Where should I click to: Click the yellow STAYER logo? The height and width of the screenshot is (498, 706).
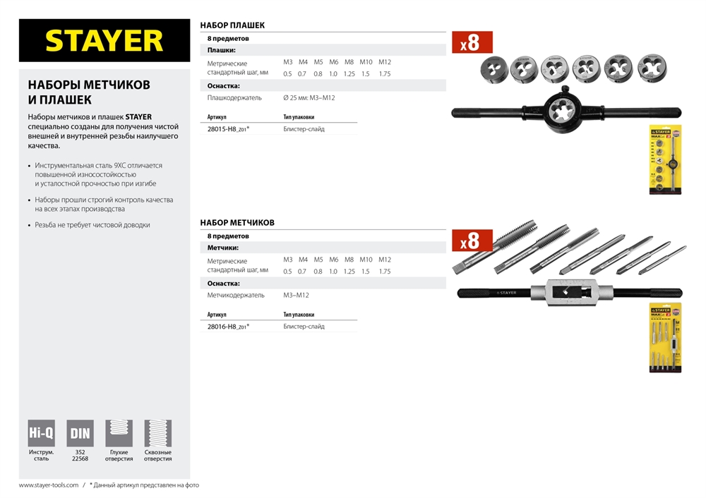(x=104, y=40)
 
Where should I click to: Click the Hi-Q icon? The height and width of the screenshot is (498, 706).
(x=41, y=433)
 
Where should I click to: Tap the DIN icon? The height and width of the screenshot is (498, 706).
(x=80, y=433)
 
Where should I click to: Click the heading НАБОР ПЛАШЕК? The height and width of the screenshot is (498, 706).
(x=232, y=25)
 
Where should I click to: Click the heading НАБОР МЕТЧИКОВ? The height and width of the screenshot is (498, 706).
(x=237, y=223)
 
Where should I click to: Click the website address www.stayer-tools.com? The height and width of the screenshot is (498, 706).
(x=48, y=485)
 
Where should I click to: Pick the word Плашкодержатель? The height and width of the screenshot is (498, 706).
(x=234, y=98)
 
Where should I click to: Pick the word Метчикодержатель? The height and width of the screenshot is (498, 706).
(x=236, y=296)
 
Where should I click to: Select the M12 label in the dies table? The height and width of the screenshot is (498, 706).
(x=384, y=62)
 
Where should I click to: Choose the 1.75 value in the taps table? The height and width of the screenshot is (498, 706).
(x=384, y=272)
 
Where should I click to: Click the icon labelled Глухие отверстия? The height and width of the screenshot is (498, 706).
(x=119, y=433)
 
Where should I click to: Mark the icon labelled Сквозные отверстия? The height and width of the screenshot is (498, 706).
(x=157, y=433)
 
